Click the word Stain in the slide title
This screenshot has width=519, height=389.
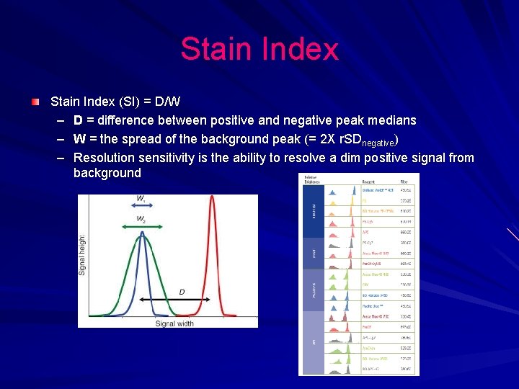(x=215, y=49)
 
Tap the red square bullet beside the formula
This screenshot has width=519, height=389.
(x=35, y=103)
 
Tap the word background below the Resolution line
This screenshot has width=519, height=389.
(x=107, y=173)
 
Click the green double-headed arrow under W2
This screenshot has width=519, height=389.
(x=142, y=227)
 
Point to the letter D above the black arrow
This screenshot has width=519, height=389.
(x=182, y=291)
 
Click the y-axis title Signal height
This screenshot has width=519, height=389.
(x=82, y=254)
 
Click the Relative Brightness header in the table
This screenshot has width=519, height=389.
(x=312, y=179)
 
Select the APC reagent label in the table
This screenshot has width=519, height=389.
(x=365, y=233)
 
